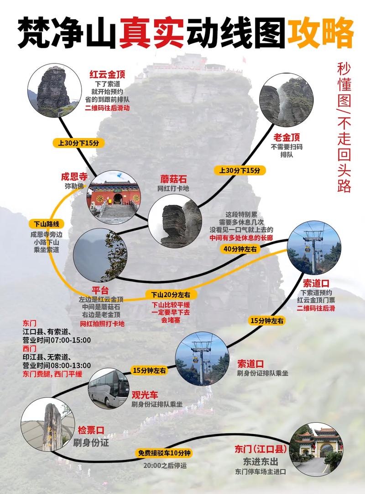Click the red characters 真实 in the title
151,32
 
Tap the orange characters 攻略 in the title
319,32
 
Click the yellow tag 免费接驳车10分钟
164,453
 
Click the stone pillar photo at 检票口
47,425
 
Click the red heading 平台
100,290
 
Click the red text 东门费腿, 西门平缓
52,374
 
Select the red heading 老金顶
287,137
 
